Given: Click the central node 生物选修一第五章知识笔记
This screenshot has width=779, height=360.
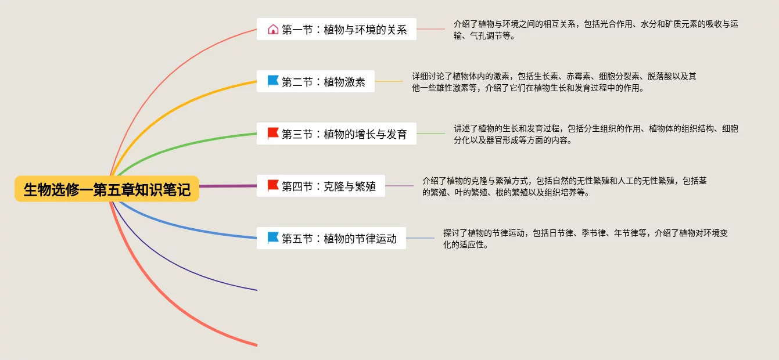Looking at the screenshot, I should (x=107, y=189).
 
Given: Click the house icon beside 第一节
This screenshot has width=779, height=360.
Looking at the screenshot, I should (x=273, y=29).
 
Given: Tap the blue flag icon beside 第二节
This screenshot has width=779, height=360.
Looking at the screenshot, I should (x=273, y=81).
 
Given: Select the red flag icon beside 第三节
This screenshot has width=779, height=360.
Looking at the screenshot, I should (x=273, y=134).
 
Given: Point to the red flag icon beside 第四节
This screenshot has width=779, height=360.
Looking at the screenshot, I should (x=273, y=186).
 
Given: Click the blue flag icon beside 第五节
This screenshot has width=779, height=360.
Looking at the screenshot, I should (x=273, y=238).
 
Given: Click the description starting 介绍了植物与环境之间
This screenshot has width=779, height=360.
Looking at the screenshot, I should (x=596, y=30).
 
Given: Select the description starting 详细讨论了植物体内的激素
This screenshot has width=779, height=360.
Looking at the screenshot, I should (x=554, y=82).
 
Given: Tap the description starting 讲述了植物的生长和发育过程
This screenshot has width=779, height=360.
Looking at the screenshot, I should (x=596, y=134).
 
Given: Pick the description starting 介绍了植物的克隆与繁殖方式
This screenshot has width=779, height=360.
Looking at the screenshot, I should (x=564, y=186).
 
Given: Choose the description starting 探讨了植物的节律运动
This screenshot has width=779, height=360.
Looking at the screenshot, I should (x=585, y=239).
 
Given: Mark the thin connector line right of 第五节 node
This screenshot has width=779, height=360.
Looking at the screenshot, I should (x=420, y=238).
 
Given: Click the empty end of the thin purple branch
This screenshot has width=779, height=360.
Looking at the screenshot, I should (x=256, y=289).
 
